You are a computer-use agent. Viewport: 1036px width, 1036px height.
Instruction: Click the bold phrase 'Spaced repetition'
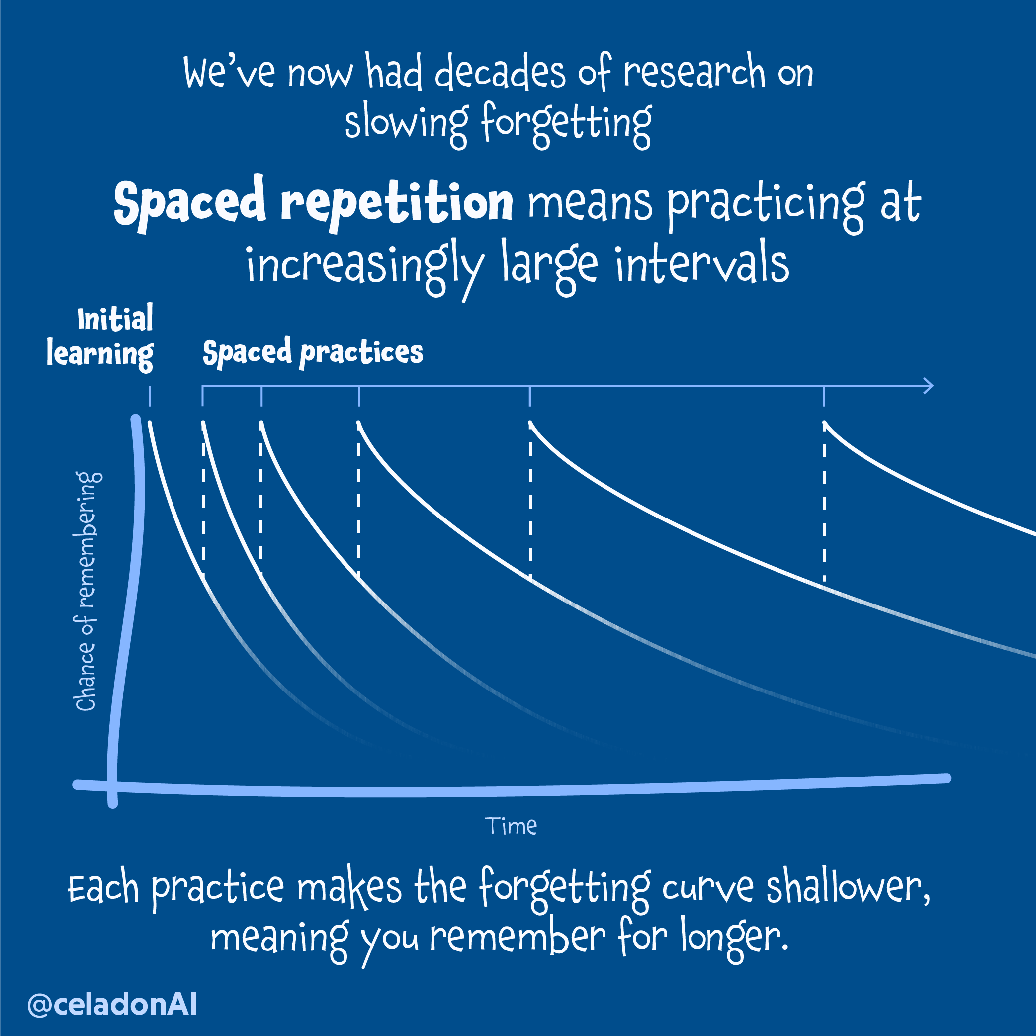pyautogui.click(x=313, y=203)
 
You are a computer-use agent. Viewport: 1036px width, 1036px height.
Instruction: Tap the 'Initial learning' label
pyautogui.click(x=100, y=337)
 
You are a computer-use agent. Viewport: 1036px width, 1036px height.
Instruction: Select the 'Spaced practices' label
pyautogui.click(x=313, y=352)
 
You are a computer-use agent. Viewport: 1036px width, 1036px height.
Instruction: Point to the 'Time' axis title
pyautogui.click(x=511, y=826)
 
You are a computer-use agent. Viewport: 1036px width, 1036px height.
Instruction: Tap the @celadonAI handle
pyautogui.click(x=112, y=1004)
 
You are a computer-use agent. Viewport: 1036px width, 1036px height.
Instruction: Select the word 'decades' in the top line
pyautogui.click(x=499, y=73)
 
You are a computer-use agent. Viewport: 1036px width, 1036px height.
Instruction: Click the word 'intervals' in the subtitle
pyautogui.click(x=702, y=264)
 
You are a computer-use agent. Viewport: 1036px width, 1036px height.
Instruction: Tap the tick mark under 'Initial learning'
pyautogui.click(x=150, y=396)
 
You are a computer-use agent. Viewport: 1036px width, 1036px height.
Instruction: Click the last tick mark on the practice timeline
pyautogui.click(x=824, y=396)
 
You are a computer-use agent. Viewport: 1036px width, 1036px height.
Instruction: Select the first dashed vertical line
pyautogui.click(x=203, y=499)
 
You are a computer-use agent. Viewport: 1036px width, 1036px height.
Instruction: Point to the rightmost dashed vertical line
pyautogui.click(x=824, y=504)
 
